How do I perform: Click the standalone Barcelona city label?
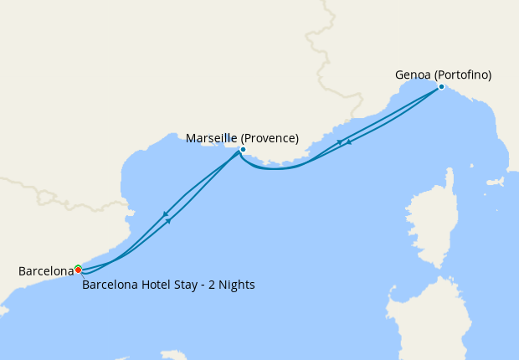click(45, 271)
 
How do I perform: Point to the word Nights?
click(236, 285)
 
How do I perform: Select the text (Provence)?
click(271, 138)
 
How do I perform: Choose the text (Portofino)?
click(462, 75)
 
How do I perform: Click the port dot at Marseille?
click(243, 150)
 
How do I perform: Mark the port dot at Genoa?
click(441, 86)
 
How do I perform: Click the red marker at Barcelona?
click(78, 270)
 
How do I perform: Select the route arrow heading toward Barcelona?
click(165, 213)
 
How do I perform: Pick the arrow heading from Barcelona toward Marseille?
click(170, 221)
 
